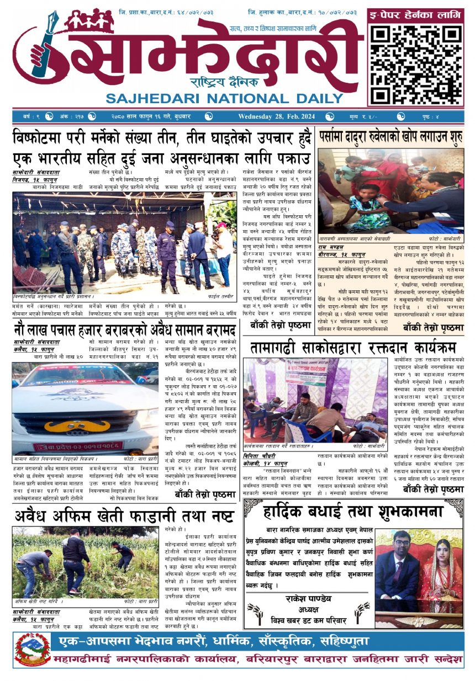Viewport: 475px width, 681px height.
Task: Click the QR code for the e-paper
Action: pyautogui.click(x=415, y=65)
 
